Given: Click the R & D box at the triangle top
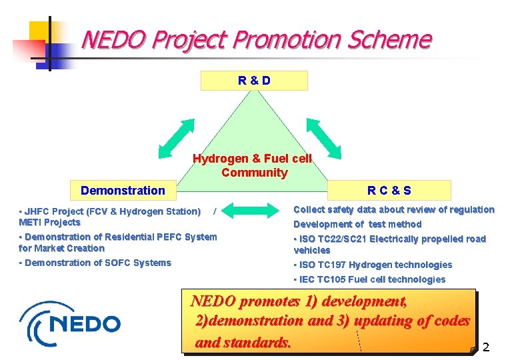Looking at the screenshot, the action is [254, 81].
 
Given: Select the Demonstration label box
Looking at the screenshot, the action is [123, 191].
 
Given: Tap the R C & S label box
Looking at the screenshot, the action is [389, 191].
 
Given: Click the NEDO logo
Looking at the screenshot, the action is [71, 323].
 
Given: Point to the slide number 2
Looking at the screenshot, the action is [486, 347].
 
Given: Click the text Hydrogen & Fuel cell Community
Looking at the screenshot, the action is [253, 166].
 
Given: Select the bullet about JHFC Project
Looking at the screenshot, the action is [110, 217].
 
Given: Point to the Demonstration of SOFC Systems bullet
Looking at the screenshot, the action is [95, 263].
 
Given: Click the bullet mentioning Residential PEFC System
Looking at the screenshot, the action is [118, 242].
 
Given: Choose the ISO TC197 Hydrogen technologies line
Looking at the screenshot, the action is [373, 265].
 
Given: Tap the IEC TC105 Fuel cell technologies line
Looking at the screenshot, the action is [370, 279].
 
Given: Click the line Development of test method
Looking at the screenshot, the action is [357, 224].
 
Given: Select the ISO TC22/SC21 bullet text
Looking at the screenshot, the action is [389, 244].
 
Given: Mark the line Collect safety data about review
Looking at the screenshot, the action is [394, 209].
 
